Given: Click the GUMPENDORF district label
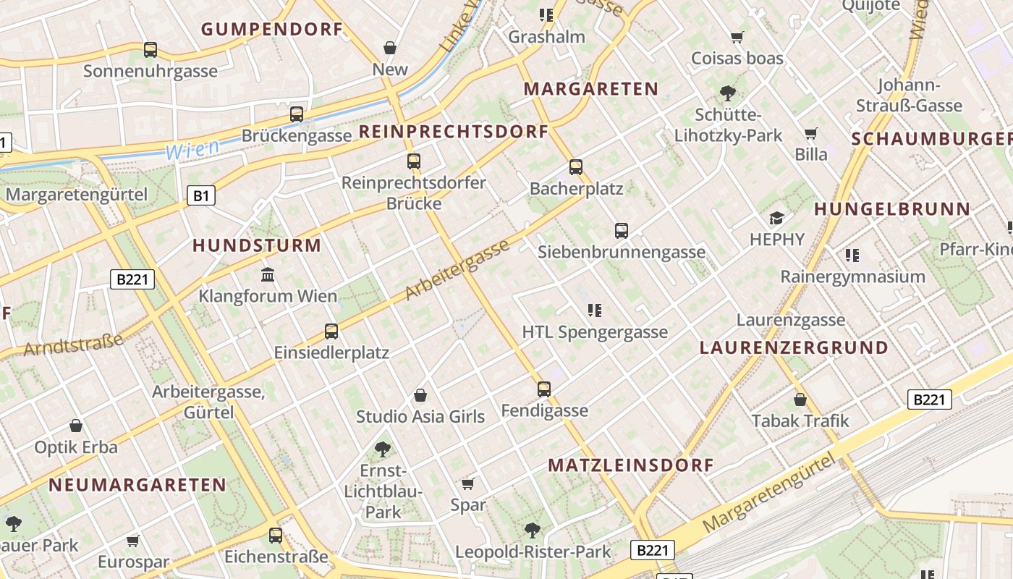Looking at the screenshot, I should pos(271,30).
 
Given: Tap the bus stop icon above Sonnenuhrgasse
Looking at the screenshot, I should pos(151,50).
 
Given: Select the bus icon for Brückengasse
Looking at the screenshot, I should pos(297,114).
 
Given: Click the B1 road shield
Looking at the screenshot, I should pos(203,195).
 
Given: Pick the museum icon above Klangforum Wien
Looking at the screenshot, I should pos(268,275).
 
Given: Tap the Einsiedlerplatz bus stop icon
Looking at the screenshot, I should pos(331,331).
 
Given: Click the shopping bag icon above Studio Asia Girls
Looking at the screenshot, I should pos(420,395).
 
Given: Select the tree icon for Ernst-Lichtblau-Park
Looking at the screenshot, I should pos(383,449).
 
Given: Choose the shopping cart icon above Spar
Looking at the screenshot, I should pos(468,483).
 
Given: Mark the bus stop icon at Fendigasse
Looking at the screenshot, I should pos(544,389).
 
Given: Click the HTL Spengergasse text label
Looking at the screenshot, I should pos(595,333).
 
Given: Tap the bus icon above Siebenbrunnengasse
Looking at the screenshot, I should pos(622,231).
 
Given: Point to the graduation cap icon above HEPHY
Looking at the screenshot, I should pos(777,218).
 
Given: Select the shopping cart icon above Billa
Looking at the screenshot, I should pos(811,133).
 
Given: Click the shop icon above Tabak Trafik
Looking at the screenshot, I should pos(800,400).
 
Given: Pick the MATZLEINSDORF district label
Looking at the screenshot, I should pos(631,465).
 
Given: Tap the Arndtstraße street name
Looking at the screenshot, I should pos(73,344).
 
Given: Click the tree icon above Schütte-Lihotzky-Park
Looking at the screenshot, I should pos(728,93).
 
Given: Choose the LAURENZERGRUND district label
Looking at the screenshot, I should pos(794,348).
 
